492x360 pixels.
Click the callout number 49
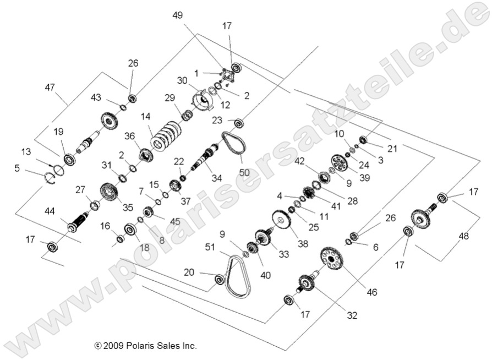(177, 15)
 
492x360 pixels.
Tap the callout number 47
(50, 87)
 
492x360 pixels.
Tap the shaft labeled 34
(205, 156)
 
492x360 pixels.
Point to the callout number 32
(352, 315)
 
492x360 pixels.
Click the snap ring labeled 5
(50, 177)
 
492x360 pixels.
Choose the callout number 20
(189, 272)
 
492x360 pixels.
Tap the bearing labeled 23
(238, 122)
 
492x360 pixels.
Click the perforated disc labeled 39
(341, 163)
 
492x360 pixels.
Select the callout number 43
(96, 97)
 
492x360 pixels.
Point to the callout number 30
(182, 80)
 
